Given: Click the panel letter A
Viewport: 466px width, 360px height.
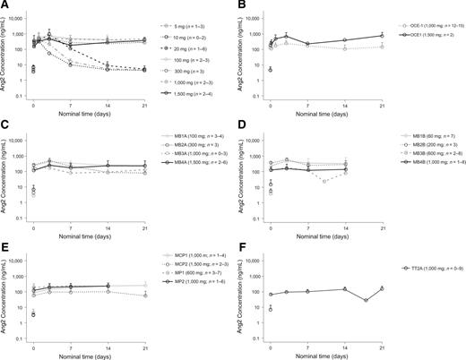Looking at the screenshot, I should pos(4,5).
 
